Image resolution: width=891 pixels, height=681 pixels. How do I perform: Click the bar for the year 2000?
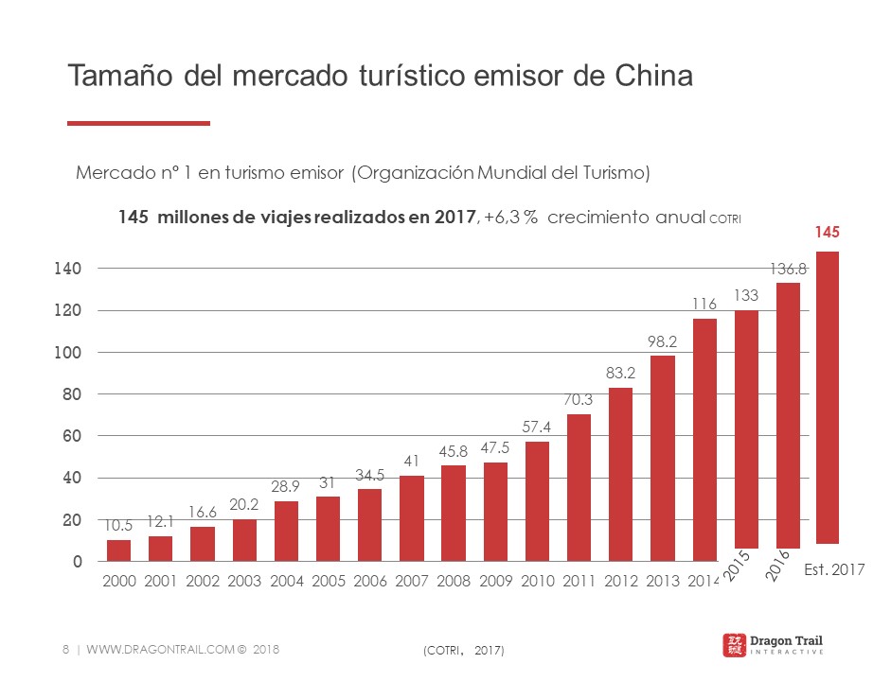pyautogui.click(x=118, y=550)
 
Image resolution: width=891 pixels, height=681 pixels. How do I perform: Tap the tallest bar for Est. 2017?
pyautogui.click(x=827, y=397)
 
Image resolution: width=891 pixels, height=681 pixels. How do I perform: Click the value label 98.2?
pyautogui.click(x=663, y=339)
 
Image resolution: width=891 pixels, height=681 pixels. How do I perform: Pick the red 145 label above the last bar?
pyautogui.click(x=828, y=232)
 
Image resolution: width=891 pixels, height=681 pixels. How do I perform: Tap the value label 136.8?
pyautogui.click(x=788, y=270)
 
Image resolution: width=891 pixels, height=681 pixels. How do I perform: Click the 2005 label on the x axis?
pyautogui.click(x=328, y=581)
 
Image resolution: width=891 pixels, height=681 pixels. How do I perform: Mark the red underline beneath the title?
pyautogui.click(x=138, y=123)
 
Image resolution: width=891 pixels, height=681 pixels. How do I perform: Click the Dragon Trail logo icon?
pyautogui.click(x=733, y=645)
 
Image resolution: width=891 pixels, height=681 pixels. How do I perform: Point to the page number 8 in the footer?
pyautogui.click(x=64, y=649)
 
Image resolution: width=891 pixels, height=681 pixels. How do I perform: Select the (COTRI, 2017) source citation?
pyautogui.click(x=461, y=650)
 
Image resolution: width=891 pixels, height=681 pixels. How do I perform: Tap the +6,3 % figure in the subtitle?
pyautogui.click(x=511, y=217)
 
